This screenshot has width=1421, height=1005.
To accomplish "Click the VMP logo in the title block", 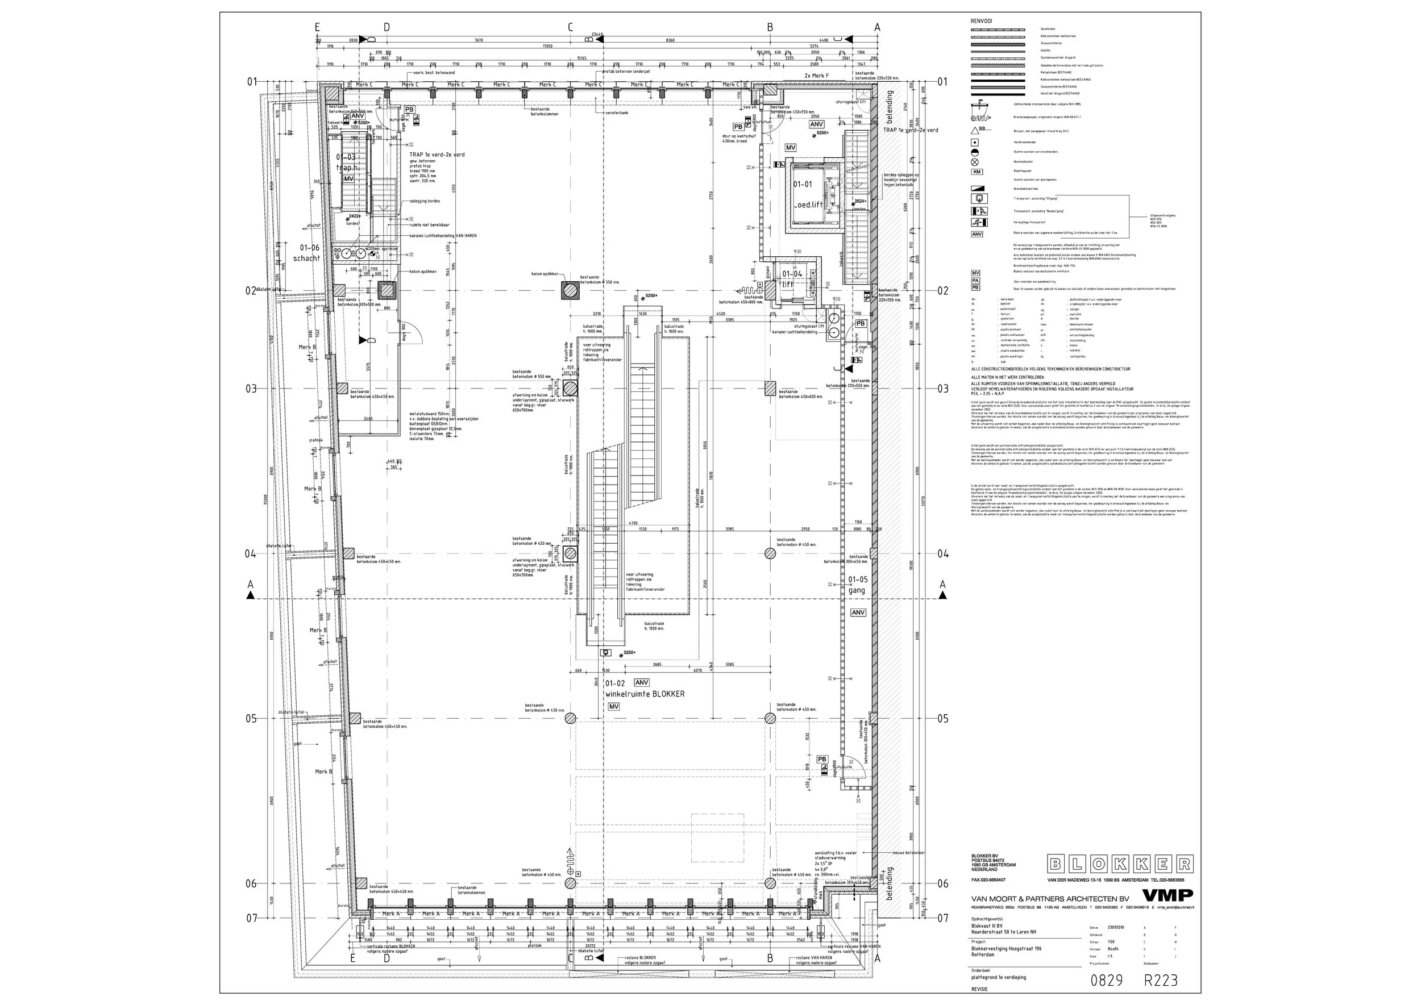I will tap(1166, 895).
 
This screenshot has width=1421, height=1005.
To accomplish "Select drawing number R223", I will tap(1160, 980).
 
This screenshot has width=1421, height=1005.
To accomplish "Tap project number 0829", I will tap(1106, 980).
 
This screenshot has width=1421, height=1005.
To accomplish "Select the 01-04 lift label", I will tap(791, 278).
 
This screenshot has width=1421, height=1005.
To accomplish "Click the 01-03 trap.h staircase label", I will tap(346, 162).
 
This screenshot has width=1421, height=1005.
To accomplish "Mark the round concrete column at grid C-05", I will tap(570, 718).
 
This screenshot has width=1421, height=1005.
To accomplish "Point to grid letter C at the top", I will tap(570, 27).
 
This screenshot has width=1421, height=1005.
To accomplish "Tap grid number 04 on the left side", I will tap(250, 553).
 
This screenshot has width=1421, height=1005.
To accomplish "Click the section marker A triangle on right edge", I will tap(942, 595).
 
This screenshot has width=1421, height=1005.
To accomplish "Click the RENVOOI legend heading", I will tap(982, 21).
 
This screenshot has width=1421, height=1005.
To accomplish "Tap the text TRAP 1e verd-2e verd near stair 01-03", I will tap(437, 155).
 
